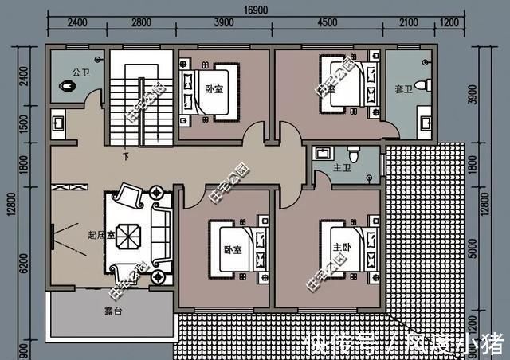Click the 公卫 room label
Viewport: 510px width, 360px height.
[x=80, y=72]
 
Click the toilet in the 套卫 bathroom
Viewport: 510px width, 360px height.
[x=426, y=84]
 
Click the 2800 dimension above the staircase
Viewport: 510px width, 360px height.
[x=141, y=24]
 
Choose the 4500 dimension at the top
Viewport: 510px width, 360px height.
[x=328, y=24]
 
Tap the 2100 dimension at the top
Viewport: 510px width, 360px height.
[x=407, y=24]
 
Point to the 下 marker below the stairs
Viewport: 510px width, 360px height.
[x=125, y=156]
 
